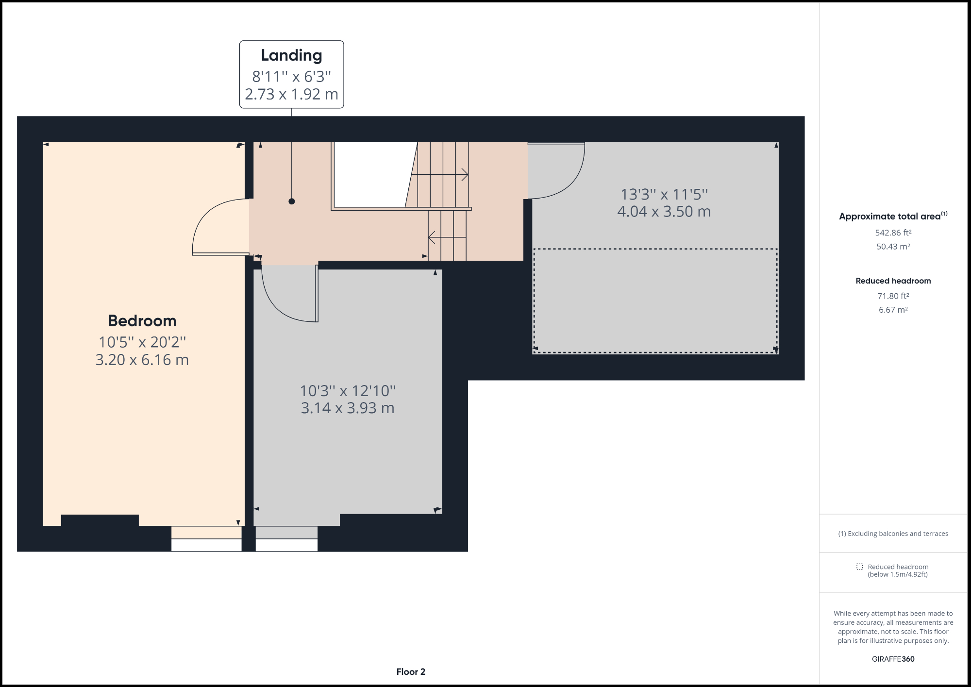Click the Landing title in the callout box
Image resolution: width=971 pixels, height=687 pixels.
291,55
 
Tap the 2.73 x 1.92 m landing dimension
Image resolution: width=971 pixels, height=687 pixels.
291,94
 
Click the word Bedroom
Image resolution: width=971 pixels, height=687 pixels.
142,320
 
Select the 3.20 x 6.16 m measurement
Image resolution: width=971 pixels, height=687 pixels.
142,360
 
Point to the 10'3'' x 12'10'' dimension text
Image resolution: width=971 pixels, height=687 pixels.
348,390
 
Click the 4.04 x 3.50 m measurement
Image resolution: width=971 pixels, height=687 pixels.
664,212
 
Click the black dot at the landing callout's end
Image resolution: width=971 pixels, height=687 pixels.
291,201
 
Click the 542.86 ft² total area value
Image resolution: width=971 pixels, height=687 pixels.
893,233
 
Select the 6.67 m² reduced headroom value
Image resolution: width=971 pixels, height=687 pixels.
893,310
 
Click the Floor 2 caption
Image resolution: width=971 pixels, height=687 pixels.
410,671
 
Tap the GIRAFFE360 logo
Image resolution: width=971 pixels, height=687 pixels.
893,659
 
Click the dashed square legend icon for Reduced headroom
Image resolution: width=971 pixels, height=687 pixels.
859,567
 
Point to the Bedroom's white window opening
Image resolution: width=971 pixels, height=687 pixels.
206,545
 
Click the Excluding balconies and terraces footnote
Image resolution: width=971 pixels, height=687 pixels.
893,534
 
